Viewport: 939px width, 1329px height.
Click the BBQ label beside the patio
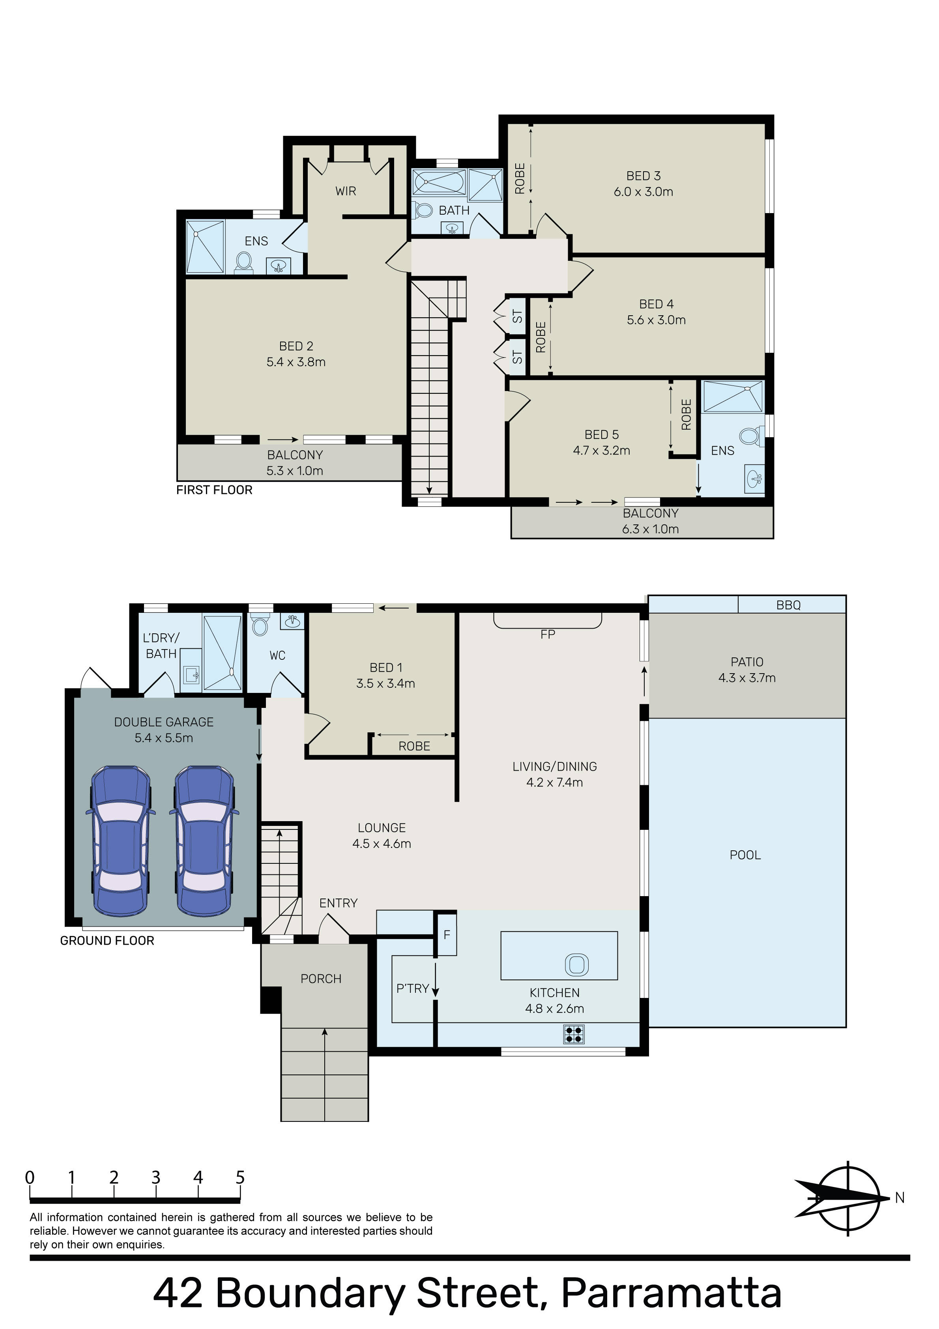(788, 605)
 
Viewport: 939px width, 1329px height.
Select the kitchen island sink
(576, 964)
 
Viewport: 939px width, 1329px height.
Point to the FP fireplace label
(548, 635)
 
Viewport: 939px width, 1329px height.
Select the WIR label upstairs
(346, 191)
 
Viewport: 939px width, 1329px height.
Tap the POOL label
(745, 855)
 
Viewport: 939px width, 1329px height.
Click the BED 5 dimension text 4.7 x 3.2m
(602, 450)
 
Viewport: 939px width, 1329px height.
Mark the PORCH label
(321, 979)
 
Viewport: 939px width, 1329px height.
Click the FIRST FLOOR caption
(214, 490)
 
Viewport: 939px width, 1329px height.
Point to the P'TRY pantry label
(412, 988)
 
